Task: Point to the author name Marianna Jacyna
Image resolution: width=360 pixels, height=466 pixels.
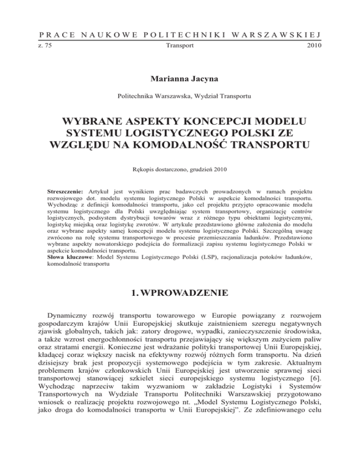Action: pos(180,77)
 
